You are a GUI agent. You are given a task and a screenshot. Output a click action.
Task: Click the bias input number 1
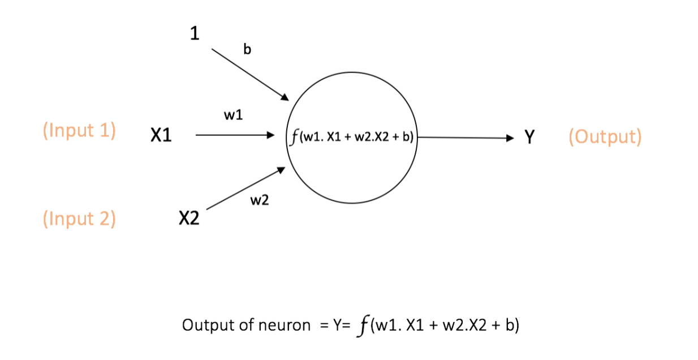(x=195, y=34)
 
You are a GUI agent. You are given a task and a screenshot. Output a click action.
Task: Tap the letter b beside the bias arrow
(x=247, y=49)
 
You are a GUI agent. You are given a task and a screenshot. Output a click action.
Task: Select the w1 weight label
(x=234, y=115)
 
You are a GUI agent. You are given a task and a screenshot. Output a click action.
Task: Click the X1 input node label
(x=161, y=136)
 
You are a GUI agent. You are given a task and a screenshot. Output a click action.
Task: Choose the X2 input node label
(x=189, y=218)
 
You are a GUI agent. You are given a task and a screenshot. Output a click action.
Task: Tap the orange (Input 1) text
(x=79, y=131)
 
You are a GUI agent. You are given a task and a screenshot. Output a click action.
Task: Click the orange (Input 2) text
(x=79, y=218)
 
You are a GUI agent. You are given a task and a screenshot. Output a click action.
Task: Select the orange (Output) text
(x=605, y=136)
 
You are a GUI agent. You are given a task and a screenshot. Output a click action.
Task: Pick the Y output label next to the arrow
(x=528, y=137)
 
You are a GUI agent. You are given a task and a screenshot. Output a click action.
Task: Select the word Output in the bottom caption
(x=201, y=325)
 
